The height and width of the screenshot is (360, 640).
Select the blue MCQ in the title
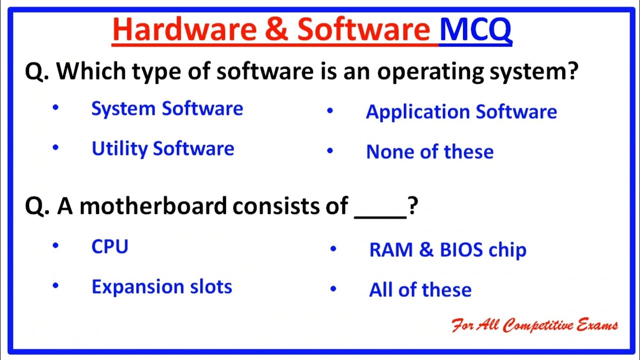(x=475, y=30)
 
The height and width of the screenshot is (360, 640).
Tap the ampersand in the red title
(x=276, y=30)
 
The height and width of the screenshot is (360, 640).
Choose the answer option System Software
(x=167, y=109)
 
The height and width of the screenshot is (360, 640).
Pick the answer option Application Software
(x=461, y=112)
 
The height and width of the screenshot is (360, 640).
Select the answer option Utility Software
(x=162, y=149)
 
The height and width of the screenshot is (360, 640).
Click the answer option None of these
(x=429, y=152)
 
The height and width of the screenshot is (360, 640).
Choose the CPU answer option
(x=110, y=247)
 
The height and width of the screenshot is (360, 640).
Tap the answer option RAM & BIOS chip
(x=447, y=250)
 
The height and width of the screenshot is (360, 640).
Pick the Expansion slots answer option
(x=161, y=287)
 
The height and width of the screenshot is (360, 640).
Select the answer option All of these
(x=420, y=290)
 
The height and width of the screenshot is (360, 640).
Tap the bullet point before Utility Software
(x=55, y=148)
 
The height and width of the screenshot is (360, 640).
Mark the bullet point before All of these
(x=333, y=289)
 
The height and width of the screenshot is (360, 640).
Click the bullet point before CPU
(x=55, y=245)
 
